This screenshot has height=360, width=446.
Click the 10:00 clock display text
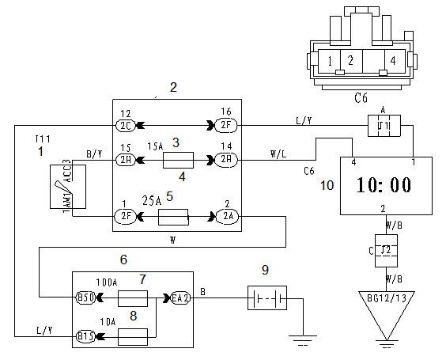pos(384,184)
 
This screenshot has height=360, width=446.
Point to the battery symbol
pos(267,298)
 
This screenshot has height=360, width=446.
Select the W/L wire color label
pos(278,154)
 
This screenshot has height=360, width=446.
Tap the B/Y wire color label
pos(94,154)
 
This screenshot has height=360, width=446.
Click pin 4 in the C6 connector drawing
pos(393,60)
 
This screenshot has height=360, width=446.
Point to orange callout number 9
pos(265,270)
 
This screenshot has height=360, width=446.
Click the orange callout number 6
pos(123,260)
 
